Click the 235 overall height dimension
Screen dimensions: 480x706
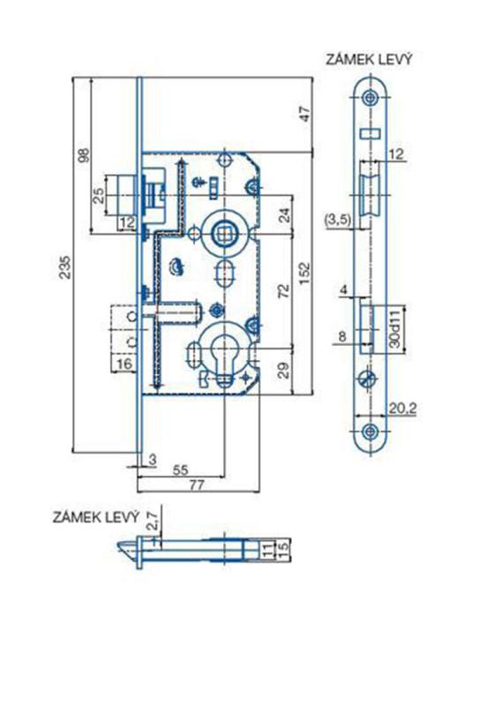(x=66, y=267)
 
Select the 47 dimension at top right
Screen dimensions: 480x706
(x=306, y=114)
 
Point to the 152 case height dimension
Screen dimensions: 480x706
(x=305, y=274)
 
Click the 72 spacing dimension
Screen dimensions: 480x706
(x=284, y=291)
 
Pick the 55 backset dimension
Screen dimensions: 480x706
(x=180, y=469)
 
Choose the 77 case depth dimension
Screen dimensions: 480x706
(x=196, y=484)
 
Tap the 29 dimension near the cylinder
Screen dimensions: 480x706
(x=284, y=370)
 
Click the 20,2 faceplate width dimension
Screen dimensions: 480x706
(x=402, y=409)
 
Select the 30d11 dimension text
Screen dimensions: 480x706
(x=395, y=328)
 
